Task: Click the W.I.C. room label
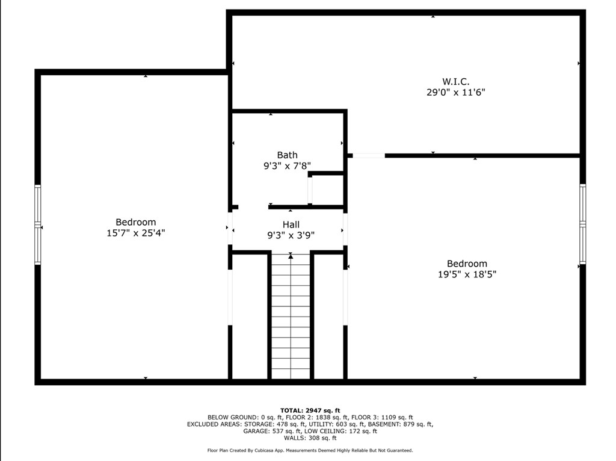455,81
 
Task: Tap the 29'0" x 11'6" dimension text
455,93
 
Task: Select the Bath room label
287,155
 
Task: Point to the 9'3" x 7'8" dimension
287,166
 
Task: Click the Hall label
291,224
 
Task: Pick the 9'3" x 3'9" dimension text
291,235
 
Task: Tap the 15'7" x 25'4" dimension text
135,233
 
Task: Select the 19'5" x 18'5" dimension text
467,274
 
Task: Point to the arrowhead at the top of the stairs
291,256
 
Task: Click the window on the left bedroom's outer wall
38,224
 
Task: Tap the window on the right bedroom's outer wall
582,224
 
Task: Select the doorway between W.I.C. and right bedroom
368,156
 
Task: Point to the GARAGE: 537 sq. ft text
269,431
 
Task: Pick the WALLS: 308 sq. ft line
310,438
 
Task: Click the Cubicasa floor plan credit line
310,450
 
